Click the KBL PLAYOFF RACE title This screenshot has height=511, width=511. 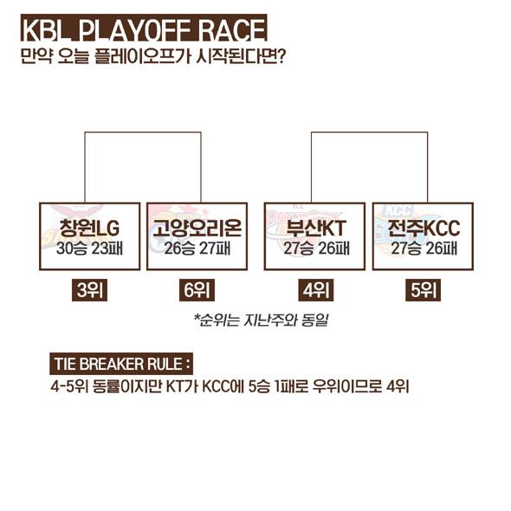[x=144, y=29]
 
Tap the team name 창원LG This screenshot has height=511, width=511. [x=89, y=228]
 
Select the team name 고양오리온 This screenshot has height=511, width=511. [x=197, y=228]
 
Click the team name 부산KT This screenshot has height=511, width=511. [x=315, y=228]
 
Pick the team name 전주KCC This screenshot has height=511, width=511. [x=424, y=228]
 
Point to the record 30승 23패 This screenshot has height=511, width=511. [x=89, y=249]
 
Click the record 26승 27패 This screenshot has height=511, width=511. [x=197, y=249]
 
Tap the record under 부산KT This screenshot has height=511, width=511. [x=316, y=249]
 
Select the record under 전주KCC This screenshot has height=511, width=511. [x=424, y=249]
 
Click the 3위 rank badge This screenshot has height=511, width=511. [x=89, y=290]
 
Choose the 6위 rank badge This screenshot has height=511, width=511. [x=197, y=290]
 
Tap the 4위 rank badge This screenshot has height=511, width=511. [x=316, y=290]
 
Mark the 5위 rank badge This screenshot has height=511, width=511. [x=423, y=290]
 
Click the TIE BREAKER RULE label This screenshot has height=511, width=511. [x=121, y=364]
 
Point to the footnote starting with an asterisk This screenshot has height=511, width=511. [x=261, y=320]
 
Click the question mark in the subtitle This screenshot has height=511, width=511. [x=281, y=56]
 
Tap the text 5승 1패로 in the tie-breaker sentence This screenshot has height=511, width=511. [x=279, y=387]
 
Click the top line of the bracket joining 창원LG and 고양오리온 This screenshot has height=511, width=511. [x=143, y=133]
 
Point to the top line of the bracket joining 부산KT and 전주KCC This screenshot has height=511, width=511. [x=369, y=133]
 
